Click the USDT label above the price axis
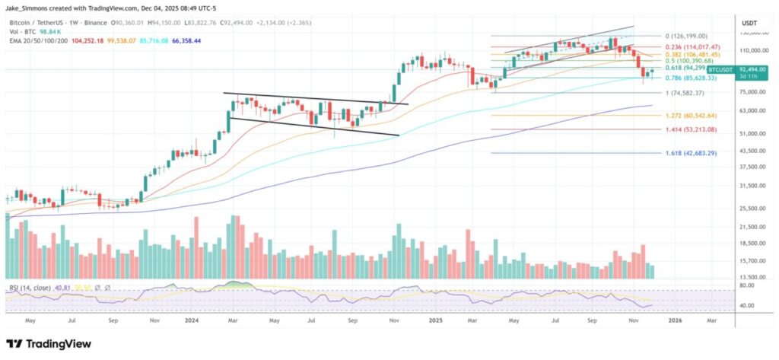[x=749, y=24]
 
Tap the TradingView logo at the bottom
[x=49, y=344]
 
